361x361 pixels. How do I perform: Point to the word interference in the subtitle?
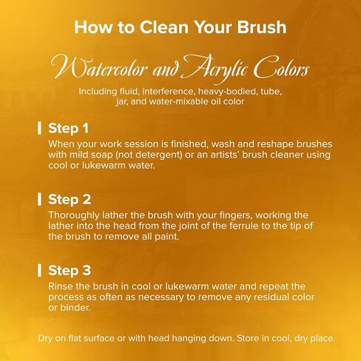[168, 92]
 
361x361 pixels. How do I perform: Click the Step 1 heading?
[68, 128]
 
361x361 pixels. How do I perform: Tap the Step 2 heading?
[70, 199]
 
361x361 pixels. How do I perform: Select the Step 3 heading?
[70, 270]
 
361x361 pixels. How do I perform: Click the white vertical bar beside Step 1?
[39, 128]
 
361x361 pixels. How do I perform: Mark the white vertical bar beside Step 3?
[39, 270]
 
